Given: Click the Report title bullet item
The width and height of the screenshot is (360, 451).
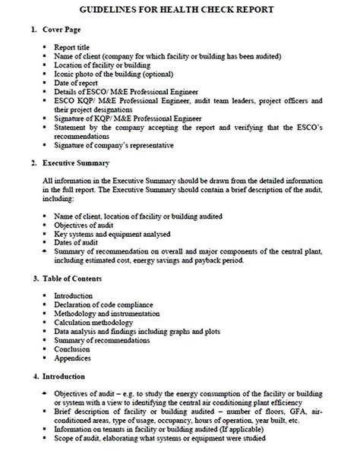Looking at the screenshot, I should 75,46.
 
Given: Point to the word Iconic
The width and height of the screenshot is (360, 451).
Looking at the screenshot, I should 65,74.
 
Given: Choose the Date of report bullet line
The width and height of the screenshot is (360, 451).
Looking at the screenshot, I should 79,83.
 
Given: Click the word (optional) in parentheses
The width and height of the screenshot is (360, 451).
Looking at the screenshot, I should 164,74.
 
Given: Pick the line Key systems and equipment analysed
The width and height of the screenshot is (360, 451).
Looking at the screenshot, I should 112,233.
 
